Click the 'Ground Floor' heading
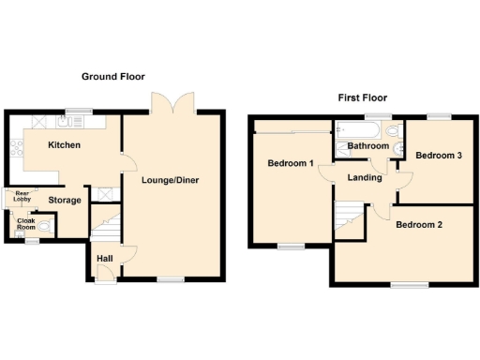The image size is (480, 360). (112, 76)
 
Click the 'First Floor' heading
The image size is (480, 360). (362, 97)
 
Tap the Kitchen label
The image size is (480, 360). (64, 145)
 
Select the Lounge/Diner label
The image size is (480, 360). (170, 180)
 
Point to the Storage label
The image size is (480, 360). (65, 200)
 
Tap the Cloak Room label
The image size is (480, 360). (25, 224)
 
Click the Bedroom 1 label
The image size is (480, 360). (290, 163)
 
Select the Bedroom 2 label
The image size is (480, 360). (417, 225)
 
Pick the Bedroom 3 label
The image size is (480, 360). (439, 156)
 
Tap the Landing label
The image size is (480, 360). (363, 177)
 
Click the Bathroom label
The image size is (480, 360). (368, 146)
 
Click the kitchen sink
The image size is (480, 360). (67, 121)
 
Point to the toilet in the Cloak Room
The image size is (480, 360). (43, 225)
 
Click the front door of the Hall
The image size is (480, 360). (106, 273)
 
